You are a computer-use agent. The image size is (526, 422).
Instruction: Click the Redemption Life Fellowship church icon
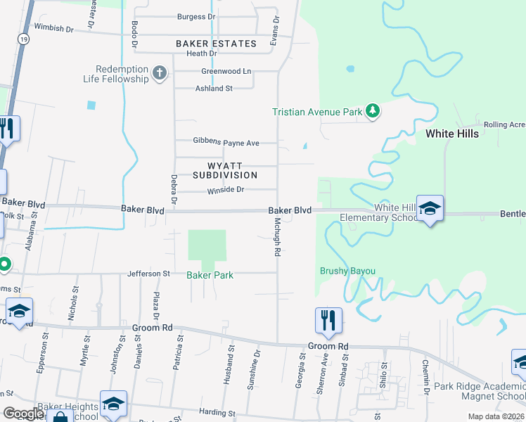point(160,73)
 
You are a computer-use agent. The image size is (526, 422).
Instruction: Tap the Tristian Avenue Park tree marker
point(373,111)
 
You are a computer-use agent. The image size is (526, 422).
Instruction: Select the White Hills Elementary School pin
point(430,209)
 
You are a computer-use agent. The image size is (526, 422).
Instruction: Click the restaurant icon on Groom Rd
point(328,321)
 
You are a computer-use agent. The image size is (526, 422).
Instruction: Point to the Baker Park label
point(210,275)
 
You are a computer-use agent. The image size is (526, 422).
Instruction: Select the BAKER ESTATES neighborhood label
point(216,44)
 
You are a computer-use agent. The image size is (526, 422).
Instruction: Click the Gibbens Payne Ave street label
point(226,143)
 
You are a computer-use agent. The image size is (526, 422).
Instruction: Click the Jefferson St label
point(148,274)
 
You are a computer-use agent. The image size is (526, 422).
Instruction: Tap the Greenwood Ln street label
point(226,72)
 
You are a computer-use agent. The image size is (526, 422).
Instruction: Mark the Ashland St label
point(214,89)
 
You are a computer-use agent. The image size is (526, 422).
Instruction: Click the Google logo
point(23,414)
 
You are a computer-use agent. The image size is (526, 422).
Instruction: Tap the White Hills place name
point(452,134)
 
